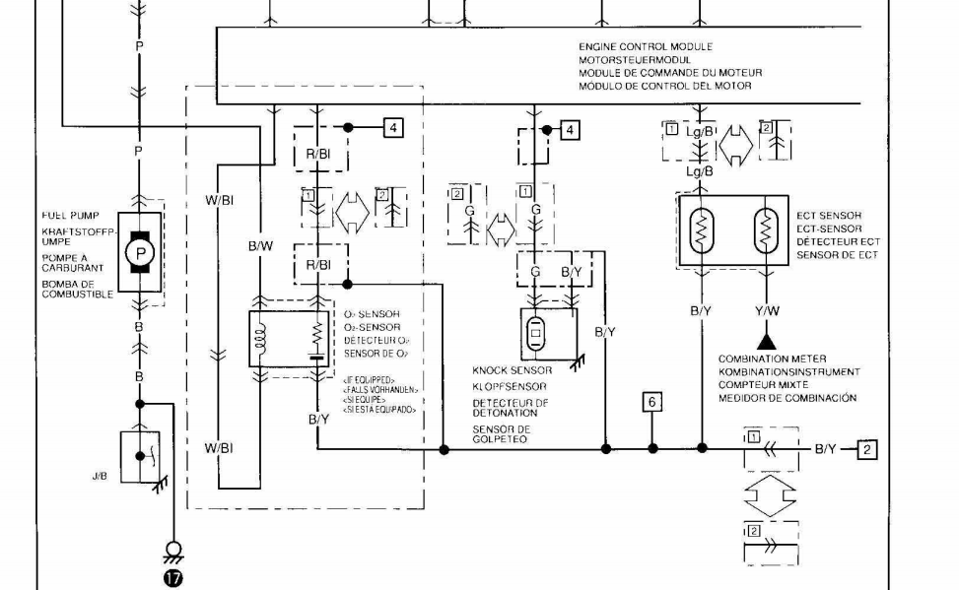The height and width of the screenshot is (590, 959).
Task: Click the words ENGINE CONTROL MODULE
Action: coord(646,46)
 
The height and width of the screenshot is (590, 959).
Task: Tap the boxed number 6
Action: coord(651,402)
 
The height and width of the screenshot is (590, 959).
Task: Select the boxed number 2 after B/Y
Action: coord(866,449)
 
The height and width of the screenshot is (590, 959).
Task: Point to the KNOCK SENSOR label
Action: coord(512,370)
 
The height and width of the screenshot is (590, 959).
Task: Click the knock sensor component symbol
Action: coord(536,333)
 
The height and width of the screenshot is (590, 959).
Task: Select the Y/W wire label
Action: coord(767,310)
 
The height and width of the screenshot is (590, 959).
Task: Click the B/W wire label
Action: coord(260,247)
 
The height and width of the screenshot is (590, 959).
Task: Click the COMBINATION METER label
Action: coord(772,360)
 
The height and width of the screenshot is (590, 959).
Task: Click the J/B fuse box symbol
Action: coord(141,452)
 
